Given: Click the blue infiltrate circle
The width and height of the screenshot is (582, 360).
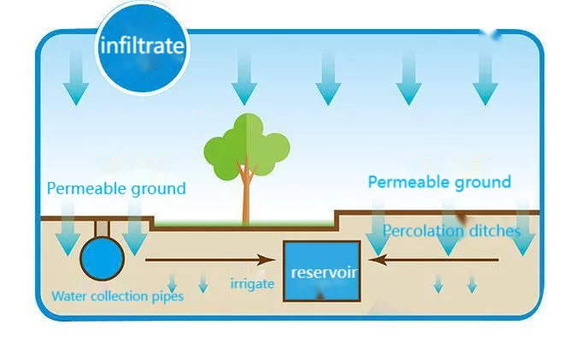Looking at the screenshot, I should pos(141,44).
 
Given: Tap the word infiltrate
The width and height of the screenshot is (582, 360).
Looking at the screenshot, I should pos(141,45).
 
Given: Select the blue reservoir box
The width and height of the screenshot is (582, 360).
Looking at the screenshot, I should pos(321,271).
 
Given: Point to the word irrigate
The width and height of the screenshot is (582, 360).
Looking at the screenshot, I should pos(252,283).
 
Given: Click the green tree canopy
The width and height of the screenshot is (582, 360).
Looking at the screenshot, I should pos(246,146).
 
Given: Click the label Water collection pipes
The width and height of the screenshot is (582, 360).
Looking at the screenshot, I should pos(117,297).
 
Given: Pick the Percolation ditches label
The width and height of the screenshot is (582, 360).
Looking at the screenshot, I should pos(451,231).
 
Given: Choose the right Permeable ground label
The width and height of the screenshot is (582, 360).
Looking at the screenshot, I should pos(439,181).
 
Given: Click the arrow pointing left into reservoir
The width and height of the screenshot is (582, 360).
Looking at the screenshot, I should pos(427,259).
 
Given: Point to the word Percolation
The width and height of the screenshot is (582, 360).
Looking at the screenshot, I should pos(422,231).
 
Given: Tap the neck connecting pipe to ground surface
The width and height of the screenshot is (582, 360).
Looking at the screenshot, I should pos(101,228).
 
